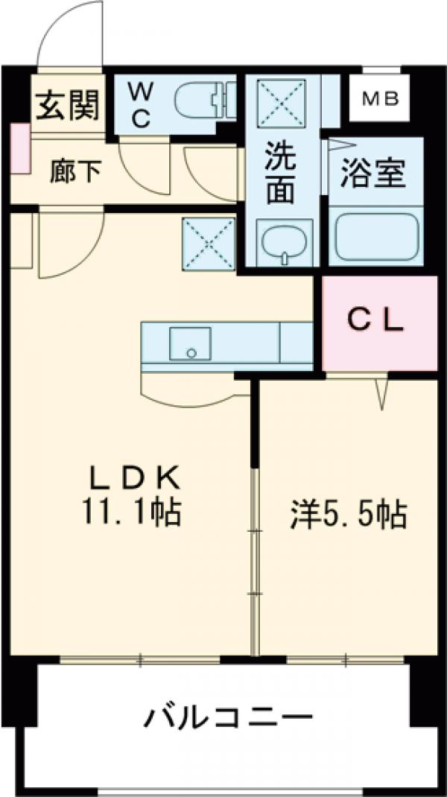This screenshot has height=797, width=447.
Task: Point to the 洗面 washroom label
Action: (281, 172)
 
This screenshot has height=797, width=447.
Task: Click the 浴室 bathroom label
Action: (373, 174)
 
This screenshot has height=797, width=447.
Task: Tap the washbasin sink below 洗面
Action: (283, 244)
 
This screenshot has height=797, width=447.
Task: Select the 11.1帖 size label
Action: (135, 512)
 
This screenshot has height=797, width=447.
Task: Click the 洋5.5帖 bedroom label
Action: (349, 514)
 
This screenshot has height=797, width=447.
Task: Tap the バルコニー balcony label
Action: (226, 719)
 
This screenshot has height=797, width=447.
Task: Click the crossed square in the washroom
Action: (277, 104)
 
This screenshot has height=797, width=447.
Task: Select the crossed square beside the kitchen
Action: (208, 242)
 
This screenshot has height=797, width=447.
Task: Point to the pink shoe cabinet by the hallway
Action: (20, 149)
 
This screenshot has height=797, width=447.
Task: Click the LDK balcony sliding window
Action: (141, 659)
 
